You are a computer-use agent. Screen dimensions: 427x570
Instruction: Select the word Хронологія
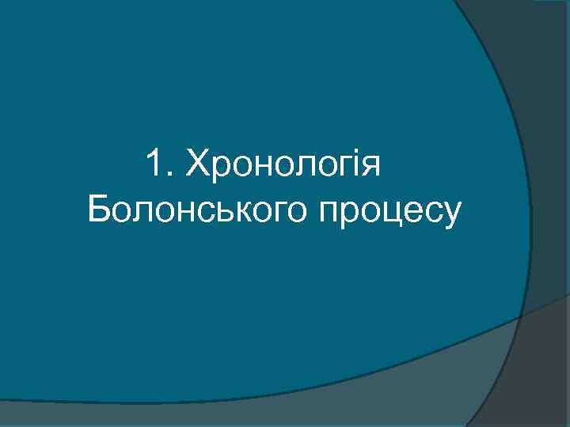283,168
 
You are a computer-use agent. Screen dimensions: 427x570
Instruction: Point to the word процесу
389,212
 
